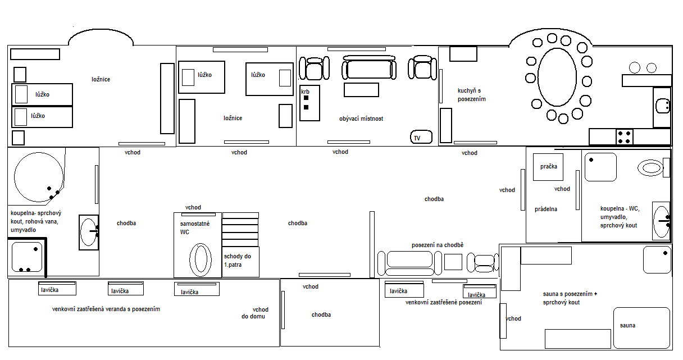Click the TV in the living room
[421, 137]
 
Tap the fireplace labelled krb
[309, 103]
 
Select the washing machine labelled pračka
[548, 167]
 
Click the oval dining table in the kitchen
[557, 77]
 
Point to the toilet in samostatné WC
[201, 259]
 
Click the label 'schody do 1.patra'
[237, 261]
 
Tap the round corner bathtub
[39, 177]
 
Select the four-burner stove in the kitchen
[624, 137]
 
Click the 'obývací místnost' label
[361, 119]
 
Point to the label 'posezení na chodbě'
[437, 245]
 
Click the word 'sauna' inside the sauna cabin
[627, 325]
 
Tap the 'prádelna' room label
[546, 209]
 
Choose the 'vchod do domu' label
[255, 313]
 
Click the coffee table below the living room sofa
[361, 90]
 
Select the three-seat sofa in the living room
[369, 67]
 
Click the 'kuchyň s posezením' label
[471, 95]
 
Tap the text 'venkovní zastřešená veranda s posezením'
[106, 309]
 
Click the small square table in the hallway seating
[453, 262]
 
